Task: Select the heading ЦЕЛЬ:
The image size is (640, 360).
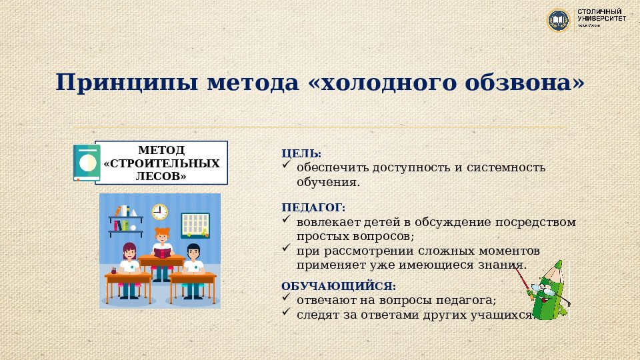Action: click(x=301, y=153)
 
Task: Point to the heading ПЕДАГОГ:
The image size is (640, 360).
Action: click(x=313, y=207)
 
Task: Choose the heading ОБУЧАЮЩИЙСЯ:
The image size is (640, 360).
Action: click(x=339, y=285)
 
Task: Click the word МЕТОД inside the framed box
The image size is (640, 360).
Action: click(x=161, y=150)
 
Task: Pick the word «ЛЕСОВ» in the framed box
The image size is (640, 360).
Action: click(x=161, y=176)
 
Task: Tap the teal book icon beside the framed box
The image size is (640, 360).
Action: click(x=87, y=163)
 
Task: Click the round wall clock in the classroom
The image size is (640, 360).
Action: click(x=159, y=212)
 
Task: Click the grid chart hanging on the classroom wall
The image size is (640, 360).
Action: click(x=195, y=225)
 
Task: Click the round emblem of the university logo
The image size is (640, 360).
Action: click(x=557, y=19)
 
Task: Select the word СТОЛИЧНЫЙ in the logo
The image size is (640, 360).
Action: click(x=600, y=12)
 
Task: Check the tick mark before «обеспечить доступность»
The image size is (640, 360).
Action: click(x=287, y=165)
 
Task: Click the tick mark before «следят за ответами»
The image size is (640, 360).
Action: click(x=287, y=312)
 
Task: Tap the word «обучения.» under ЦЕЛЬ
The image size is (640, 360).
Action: click(x=328, y=181)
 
